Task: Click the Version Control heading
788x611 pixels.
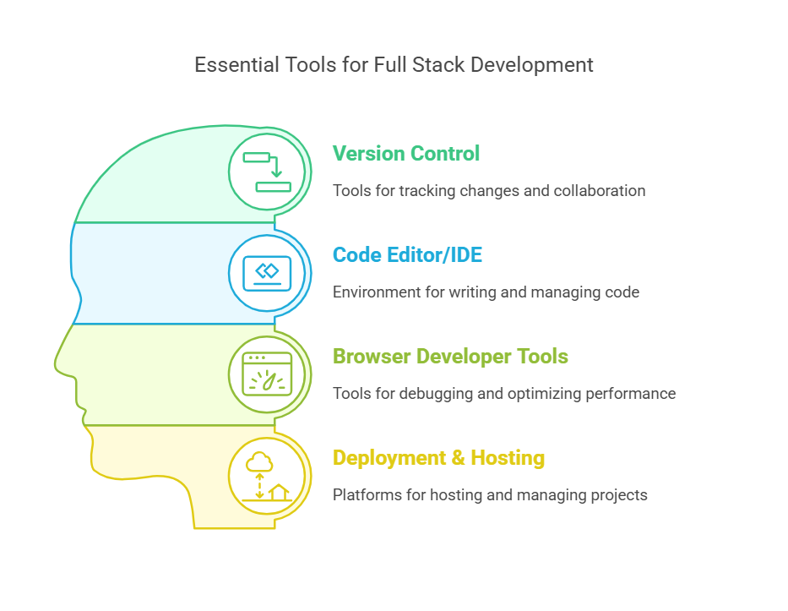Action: pyautogui.click(x=405, y=154)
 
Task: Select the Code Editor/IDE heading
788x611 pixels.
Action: pyautogui.click(x=407, y=255)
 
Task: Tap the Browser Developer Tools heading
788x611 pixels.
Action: pyautogui.click(x=450, y=357)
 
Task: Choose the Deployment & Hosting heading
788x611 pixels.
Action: pyautogui.click(x=438, y=458)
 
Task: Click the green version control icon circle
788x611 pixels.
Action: pyautogui.click(x=267, y=172)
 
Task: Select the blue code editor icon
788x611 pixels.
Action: pyautogui.click(x=267, y=273)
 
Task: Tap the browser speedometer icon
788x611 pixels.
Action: pyautogui.click(x=267, y=374)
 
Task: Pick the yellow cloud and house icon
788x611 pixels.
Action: pyautogui.click(x=267, y=476)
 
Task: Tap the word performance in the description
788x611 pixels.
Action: pyautogui.click(x=633, y=394)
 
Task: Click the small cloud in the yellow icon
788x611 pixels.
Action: pyautogui.click(x=259, y=462)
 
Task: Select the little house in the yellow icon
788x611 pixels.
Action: pyautogui.click(x=279, y=491)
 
